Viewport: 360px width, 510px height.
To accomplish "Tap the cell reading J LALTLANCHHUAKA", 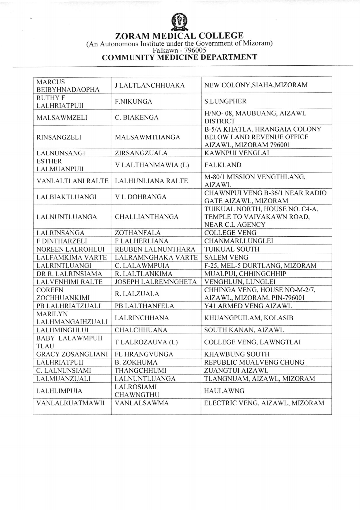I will click(x=150, y=85).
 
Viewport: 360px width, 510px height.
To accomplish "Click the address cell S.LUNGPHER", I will click(x=225, y=101).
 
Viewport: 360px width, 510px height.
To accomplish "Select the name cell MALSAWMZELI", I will click(x=62, y=117).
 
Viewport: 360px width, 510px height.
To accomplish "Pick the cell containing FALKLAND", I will click(x=223, y=165).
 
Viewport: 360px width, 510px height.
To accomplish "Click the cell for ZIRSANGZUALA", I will click(x=141, y=153).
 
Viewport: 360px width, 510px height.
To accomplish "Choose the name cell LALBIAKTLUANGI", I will click(x=66, y=197).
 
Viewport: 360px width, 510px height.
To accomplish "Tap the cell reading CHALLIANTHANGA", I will click(x=146, y=217).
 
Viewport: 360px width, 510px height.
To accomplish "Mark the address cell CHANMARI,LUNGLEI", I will click(x=238, y=241).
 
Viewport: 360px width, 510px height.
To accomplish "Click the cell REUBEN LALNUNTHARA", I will click(x=155, y=249).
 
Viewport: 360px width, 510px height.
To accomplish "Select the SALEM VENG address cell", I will click(x=226, y=258).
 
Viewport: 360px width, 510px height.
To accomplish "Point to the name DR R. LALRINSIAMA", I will click(x=69, y=274).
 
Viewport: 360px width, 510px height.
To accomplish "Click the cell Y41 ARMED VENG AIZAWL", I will click(x=248, y=306).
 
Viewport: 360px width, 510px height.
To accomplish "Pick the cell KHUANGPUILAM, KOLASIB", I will click(x=249, y=318).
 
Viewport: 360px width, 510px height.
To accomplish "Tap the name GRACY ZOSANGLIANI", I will click(x=72, y=354).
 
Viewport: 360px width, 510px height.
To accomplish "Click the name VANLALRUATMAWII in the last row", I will click(x=70, y=403).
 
